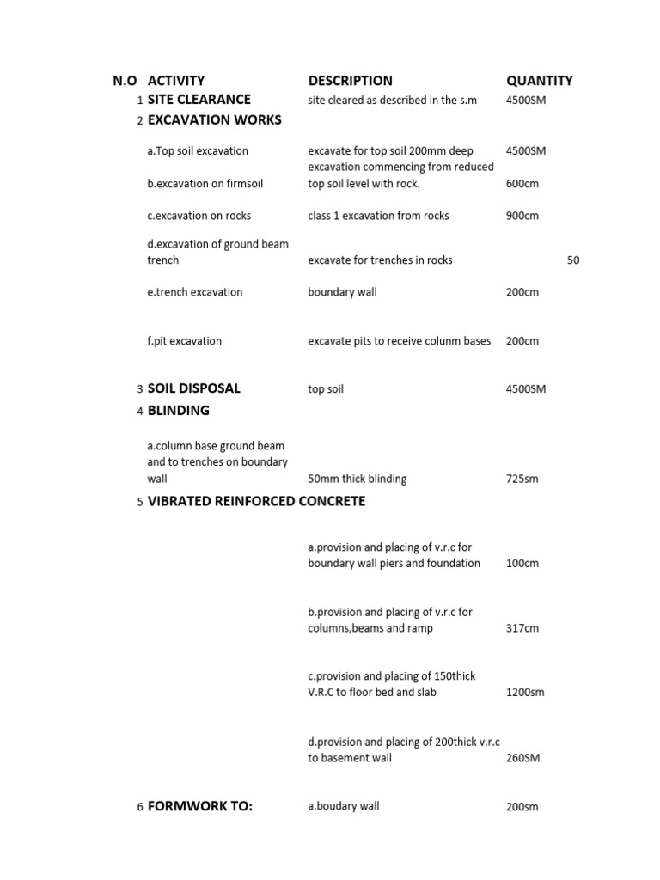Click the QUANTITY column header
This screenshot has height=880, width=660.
pos(539,81)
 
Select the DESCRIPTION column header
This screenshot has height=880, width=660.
pos(350,81)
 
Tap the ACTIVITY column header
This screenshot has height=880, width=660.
pos(176,81)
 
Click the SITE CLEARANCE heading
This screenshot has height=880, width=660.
pos(199,100)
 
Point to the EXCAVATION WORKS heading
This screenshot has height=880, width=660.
pos(214,120)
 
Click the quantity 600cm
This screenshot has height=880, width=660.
pos(522,184)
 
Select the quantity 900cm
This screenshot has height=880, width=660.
pos(522,216)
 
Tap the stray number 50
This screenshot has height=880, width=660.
pos(573,260)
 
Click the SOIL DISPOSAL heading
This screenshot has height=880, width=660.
pos(193,388)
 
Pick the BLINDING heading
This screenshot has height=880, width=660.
pos(178,411)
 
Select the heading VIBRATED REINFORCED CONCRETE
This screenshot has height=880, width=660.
pos(256,501)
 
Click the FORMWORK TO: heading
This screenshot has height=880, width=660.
pos(199,806)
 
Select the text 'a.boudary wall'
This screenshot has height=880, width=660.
pos(343,806)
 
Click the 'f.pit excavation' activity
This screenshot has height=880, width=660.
pos(184,341)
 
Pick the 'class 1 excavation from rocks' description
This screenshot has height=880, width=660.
pos(378,216)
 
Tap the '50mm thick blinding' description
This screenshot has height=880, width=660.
pos(357,479)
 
